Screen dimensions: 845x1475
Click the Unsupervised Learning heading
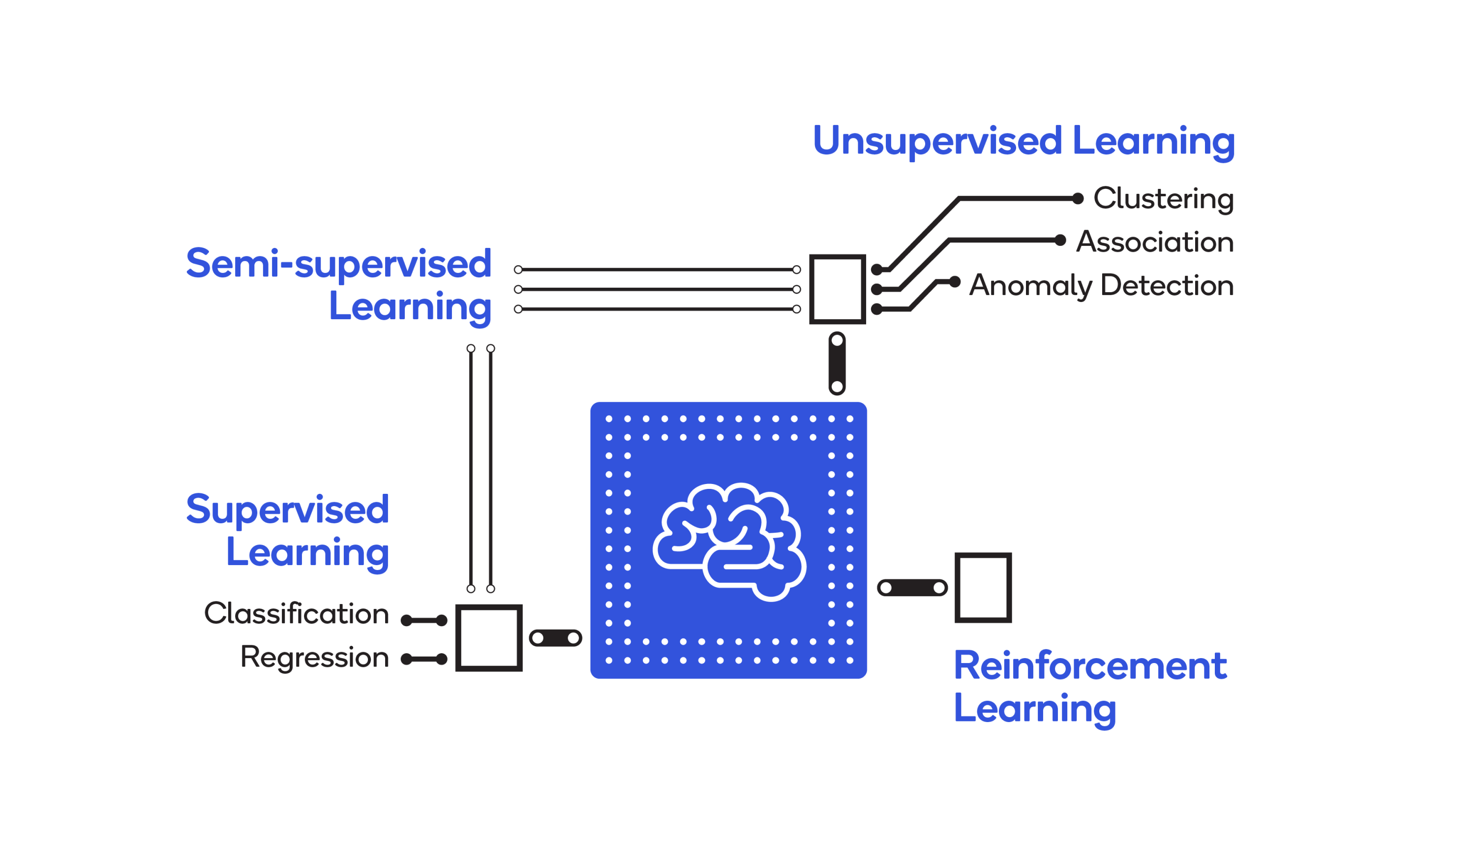[x=1023, y=141]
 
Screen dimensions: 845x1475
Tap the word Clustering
[x=1163, y=199]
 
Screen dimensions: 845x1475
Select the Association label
[x=1155, y=242]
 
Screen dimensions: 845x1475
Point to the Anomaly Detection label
[x=1101, y=286]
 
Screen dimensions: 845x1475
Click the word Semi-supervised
[x=338, y=264]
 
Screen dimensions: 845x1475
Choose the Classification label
[x=296, y=614]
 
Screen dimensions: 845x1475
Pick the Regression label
[x=314, y=658]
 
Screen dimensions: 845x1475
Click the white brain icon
[x=729, y=541]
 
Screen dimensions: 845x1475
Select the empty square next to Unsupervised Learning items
[x=837, y=289]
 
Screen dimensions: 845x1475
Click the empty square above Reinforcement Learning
[x=983, y=587]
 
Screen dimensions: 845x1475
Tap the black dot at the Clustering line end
[x=1078, y=199]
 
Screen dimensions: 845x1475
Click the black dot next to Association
[x=1060, y=240]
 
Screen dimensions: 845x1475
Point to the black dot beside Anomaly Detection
[x=955, y=282]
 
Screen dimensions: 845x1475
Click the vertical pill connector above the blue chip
[x=837, y=363]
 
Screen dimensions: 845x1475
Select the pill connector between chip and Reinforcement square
[x=912, y=588]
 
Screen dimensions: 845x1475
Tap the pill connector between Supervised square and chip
[x=555, y=638]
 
